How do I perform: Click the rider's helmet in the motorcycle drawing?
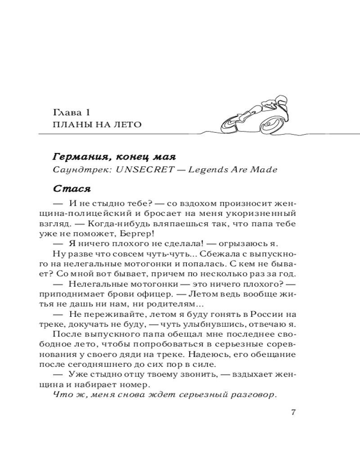tap(280, 99)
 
